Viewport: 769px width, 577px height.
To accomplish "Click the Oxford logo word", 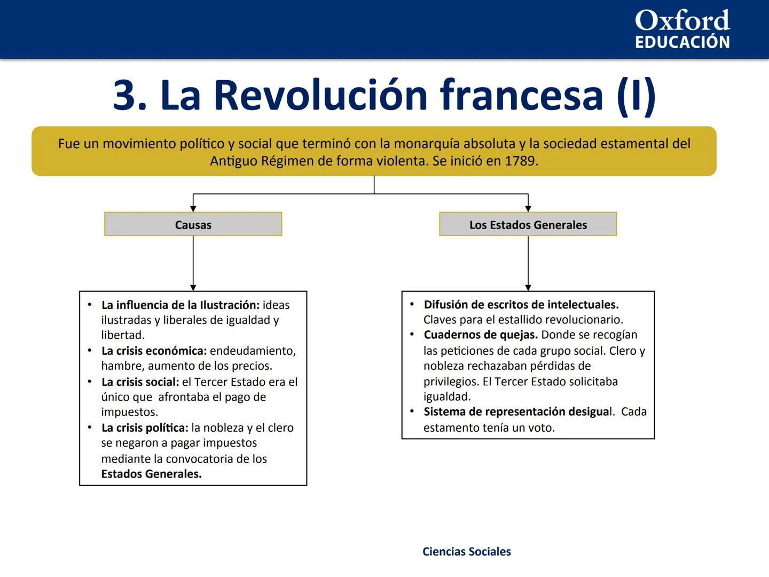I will (682, 21).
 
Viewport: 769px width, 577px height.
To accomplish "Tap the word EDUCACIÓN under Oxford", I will (682, 42).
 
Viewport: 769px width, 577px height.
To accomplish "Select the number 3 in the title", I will (127, 95).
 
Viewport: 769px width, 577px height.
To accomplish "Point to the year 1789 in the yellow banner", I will (520, 161).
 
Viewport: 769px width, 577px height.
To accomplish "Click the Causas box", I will (193, 224).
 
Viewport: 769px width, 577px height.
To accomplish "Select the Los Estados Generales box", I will (528, 224).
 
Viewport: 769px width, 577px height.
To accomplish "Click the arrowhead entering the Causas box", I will (193, 209).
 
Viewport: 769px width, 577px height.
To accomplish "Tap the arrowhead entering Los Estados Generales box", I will (528, 209).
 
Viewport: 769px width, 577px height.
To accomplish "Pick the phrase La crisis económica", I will (154, 351).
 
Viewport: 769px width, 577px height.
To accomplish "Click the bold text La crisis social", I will (140, 382).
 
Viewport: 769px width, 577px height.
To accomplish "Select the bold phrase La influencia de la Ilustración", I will (180, 305).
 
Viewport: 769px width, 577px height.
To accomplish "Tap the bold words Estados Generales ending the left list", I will (151, 474).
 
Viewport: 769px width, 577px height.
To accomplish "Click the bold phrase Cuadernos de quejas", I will (481, 335).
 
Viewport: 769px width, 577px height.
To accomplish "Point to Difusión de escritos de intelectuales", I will (521, 305).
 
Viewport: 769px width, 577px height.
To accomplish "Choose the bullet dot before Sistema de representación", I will (412, 411).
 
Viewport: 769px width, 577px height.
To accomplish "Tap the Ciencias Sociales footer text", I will (466, 551).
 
